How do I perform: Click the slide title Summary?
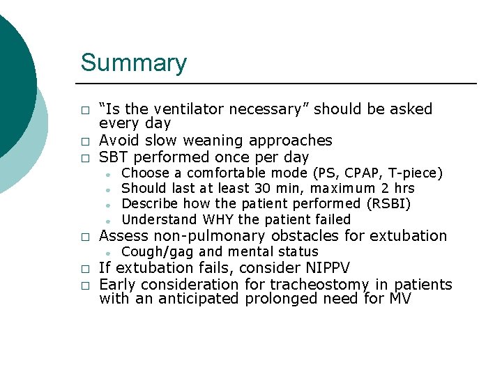coord(134,63)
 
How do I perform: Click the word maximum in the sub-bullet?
coord(342,189)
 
